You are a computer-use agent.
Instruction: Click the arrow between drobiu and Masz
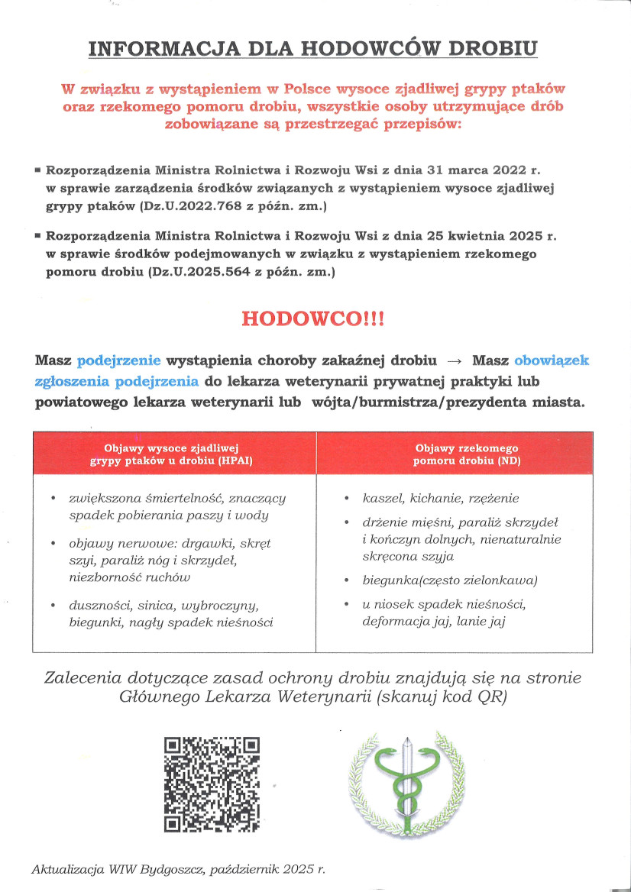click(455, 360)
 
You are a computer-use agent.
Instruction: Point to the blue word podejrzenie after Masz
click(118, 360)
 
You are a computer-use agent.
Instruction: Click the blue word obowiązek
click(551, 360)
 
